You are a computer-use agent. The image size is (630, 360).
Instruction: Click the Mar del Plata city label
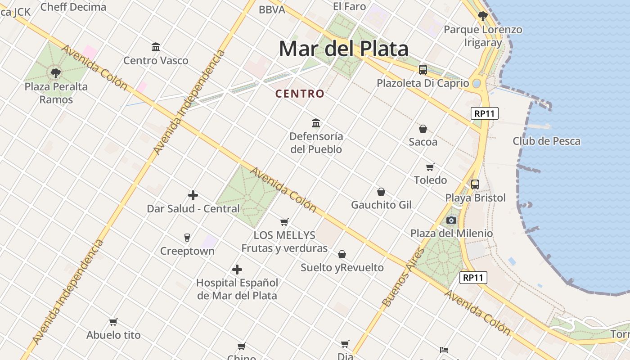click(x=344, y=49)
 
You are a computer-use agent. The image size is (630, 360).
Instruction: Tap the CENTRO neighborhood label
click(x=300, y=94)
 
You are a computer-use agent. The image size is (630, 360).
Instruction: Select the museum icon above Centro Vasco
click(x=156, y=47)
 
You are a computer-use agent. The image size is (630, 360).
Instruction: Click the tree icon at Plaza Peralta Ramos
click(x=56, y=73)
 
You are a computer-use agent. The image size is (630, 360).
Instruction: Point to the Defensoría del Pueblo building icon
click(x=316, y=123)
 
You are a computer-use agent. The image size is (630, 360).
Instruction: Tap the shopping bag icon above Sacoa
click(x=423, y=129)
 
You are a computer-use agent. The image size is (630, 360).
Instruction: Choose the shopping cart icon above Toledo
click(x=430, y=167)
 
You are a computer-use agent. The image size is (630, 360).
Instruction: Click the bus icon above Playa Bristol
click(x=475, y=184)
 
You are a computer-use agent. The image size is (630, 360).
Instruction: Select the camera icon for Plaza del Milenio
click(x=451, y=220)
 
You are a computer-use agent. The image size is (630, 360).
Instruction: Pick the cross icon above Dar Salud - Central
click(x=193, y=195)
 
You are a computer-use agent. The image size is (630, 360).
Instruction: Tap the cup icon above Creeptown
click(x=187, y=237)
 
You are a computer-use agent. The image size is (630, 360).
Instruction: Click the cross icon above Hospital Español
click(x=237, y=270)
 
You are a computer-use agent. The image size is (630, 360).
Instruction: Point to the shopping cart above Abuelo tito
click(x=113, y=322)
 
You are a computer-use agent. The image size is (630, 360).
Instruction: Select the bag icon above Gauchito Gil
click(x=381, y=192)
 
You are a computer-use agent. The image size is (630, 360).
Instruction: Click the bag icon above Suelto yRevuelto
click(x=342, y=254)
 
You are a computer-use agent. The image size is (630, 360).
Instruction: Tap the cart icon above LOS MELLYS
click(x=284, y=222)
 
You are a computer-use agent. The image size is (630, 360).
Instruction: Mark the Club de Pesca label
click(x=546, y=141)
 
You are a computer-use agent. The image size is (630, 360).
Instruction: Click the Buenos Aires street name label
click(x=403, y=278)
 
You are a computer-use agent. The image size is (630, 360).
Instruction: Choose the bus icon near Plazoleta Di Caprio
click(x=423, y=70)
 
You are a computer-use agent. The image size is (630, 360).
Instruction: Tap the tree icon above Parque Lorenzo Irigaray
click(x=483, y=17)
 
